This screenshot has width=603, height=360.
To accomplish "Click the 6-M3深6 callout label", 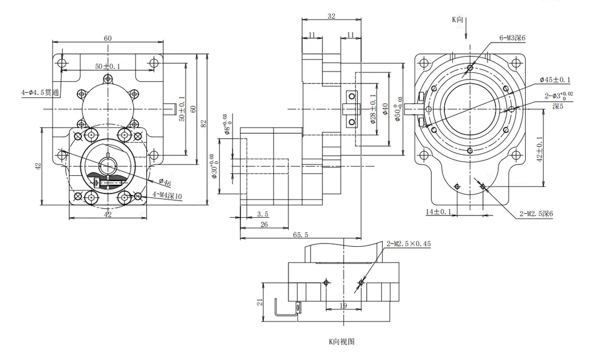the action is [x=512, y=38].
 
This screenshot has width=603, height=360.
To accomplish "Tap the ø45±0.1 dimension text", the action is [x=555, y=80].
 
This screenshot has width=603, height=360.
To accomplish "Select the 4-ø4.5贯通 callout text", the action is [x=40, y=92].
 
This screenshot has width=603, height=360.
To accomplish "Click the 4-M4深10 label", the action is [x=167, y=196].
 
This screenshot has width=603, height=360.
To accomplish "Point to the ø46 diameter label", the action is [x=164, y=183].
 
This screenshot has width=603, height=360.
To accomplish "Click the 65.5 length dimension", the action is [x=300, y=235].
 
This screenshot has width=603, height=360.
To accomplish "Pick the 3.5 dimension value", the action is [x=263, y=214].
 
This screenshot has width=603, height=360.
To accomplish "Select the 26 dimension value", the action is [x=264, y=224].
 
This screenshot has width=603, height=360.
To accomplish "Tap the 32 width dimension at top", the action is [x=331, y=16].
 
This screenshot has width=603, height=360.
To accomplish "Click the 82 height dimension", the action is [x=204, y=123].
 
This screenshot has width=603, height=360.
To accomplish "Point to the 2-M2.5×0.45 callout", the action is [x=409, y=243].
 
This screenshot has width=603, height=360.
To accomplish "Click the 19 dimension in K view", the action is [x=344, y=306].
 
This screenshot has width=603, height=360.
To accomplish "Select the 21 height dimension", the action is [x=261, y=302].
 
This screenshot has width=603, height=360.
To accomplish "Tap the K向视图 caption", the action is [x=341, y=342].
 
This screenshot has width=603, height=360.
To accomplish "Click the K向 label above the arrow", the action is [x=457, y=19].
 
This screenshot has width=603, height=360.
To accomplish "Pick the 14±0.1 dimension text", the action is [x=439, y=211].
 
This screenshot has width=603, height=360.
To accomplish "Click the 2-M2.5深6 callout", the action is [x=536, y=214].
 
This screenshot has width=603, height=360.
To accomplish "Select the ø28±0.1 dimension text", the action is [x=372, y=109].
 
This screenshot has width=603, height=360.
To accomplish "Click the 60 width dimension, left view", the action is [x=108, y=38].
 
